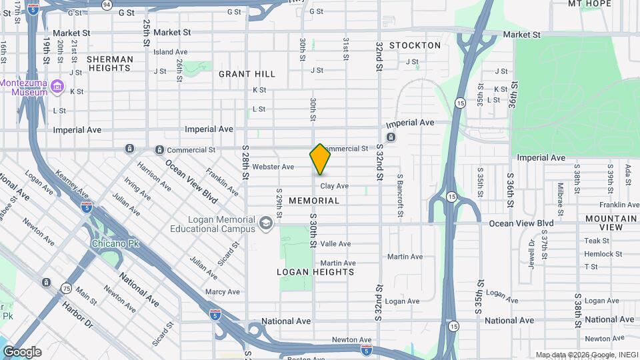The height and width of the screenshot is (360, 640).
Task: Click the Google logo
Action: point(22,351)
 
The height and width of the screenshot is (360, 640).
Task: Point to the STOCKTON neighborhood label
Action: point(415,45)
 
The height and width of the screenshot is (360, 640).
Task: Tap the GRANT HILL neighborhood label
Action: point(247,74)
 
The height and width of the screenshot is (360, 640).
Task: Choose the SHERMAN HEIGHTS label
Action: point(110,63)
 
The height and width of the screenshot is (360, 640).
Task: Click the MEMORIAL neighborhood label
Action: point(314,201)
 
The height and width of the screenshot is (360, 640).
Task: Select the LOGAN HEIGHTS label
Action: point(315,272)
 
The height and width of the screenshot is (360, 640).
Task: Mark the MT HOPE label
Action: point(589,4)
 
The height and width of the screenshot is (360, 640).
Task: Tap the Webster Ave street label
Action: point(273,167)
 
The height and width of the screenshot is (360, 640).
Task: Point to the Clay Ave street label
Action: point(334,187)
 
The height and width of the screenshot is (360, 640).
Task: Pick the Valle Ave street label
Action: point(335,244)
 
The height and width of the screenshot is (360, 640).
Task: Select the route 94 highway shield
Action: point(107,4)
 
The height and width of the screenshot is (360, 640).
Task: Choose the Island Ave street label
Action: point(171,52)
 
